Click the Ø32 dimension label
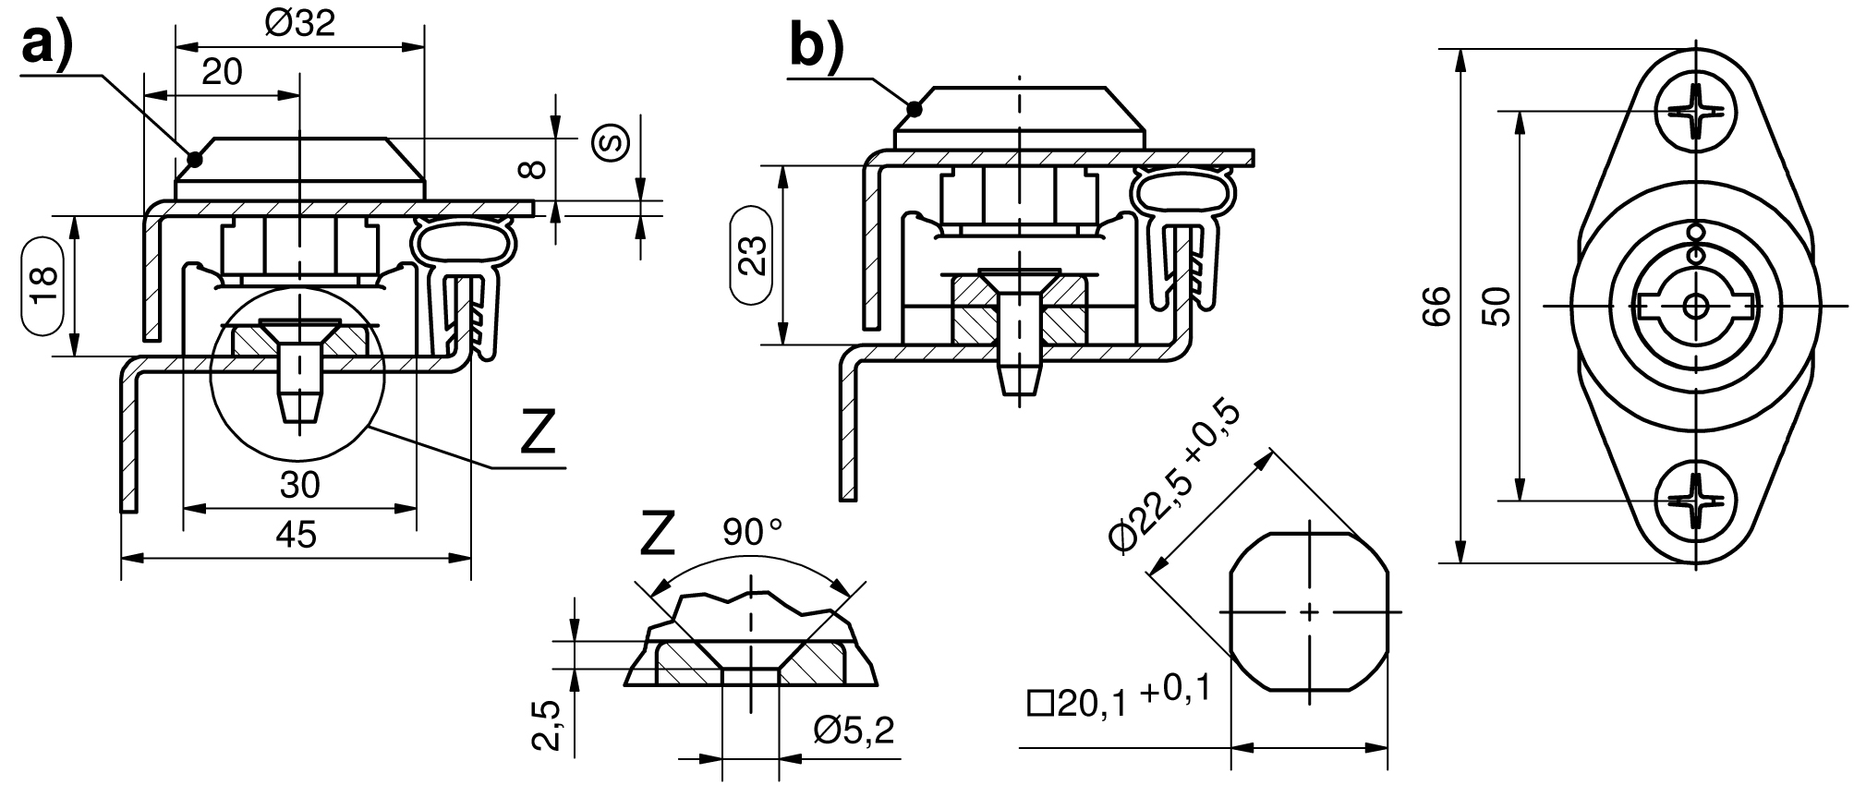[x=298, y=24]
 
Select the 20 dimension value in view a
[x=222, y=71]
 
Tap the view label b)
[x=818, y=46]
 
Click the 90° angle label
[x=752, y=533]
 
